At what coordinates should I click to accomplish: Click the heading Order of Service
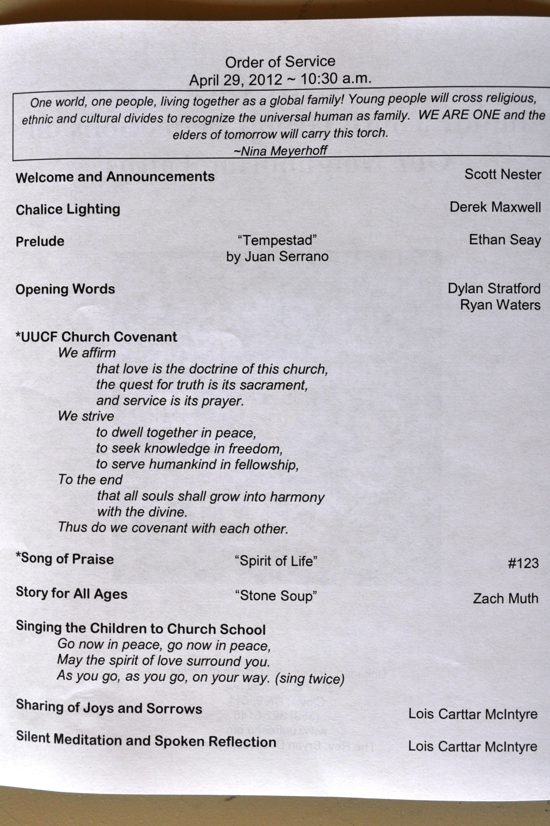(x=280, y=62)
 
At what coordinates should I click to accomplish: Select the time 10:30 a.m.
(x=336, y=78)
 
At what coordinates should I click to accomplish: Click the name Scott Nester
(x=503, y=174)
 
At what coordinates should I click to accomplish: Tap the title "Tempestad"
(x=277, y=240)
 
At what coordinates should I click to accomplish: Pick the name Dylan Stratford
(x=494, y=289)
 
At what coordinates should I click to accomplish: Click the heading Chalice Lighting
(x=68, y=210)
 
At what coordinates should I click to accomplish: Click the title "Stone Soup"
(x=276, y=596)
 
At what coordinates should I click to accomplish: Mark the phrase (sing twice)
(x=309, y=679)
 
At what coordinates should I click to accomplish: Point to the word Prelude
(x=40, y=242)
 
